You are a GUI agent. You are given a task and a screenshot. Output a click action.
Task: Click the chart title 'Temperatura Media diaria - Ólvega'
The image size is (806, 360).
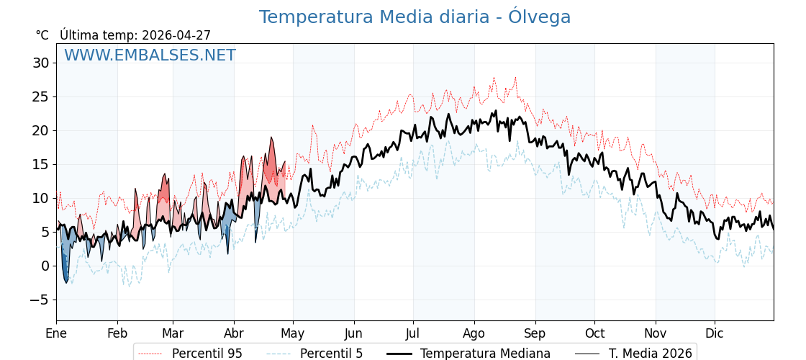(x=415, y=17)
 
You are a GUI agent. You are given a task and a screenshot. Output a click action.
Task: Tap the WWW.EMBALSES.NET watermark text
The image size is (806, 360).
(x=150, y=55)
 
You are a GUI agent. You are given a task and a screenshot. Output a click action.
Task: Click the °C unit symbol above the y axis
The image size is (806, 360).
(x=42, y=35)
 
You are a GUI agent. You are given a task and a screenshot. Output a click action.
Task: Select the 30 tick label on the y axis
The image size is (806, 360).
(x=41, y=63)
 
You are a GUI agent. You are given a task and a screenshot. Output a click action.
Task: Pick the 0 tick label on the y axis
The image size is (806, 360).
(x=45, y=266)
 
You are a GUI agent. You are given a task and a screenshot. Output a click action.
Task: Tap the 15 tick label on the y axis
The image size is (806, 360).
(x=41, y=165)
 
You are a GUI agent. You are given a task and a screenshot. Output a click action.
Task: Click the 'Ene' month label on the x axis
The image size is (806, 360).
(x=56, y=334)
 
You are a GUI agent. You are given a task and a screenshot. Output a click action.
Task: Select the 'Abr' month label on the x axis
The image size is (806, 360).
(x=234, y=334)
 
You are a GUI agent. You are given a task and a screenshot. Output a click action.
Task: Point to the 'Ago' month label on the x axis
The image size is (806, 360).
(x=474, y=334)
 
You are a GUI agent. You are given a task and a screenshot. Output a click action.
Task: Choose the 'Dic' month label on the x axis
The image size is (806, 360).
(x=715, y=334)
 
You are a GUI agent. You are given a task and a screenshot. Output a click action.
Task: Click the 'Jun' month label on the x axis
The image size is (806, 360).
(x=354, y=334)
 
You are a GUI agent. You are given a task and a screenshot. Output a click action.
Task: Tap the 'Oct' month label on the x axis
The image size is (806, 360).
(x=594, y=334)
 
